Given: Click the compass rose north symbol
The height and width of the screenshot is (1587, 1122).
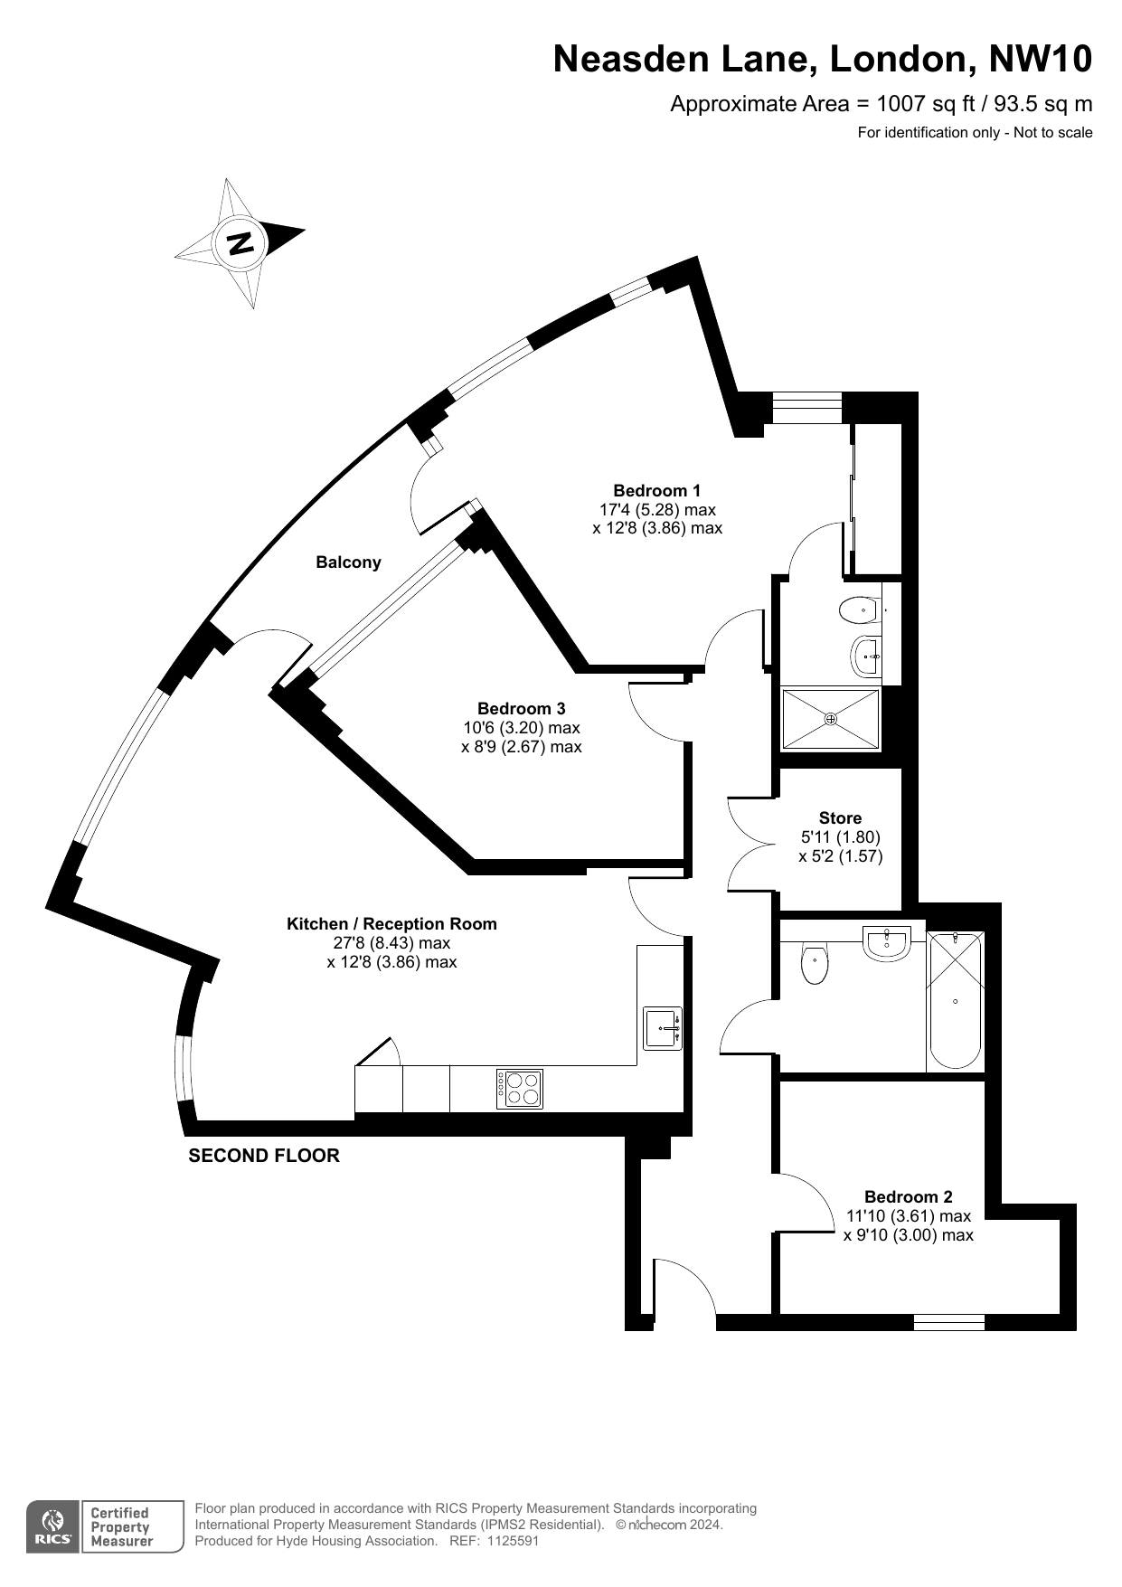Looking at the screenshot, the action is (240, 242).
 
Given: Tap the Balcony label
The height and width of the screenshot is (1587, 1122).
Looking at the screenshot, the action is (348, 562).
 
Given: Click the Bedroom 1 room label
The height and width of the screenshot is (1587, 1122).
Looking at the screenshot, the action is (656, 491).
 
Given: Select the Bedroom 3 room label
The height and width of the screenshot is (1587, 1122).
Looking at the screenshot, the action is (522, 708).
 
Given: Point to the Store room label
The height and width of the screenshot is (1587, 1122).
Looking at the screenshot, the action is (840, 817).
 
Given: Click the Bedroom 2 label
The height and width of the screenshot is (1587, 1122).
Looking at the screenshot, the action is (908, 1196).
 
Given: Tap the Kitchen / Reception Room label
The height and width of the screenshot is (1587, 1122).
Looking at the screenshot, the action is (391, 924).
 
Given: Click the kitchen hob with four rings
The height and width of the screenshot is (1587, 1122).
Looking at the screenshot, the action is (520, 1089).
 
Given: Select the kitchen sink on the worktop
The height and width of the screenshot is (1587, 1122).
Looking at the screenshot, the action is (663, 1028).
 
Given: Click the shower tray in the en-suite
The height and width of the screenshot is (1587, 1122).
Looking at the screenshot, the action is (830, 719).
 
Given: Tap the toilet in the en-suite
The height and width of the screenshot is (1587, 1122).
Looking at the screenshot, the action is (860, 610).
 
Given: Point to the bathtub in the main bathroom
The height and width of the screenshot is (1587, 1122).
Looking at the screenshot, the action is (955, 999).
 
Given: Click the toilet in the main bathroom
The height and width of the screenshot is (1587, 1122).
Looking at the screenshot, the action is (815, 964).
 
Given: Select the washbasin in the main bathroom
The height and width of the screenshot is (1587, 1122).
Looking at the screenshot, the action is (887, 943).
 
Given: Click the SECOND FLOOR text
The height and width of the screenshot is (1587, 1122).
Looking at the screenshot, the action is (264, 1156).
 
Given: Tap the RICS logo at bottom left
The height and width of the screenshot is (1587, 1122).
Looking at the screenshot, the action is (53, 1527).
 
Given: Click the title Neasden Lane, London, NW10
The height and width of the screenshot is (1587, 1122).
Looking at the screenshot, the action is (823, 59).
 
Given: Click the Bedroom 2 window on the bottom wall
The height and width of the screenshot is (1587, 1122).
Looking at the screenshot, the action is (948, 1322).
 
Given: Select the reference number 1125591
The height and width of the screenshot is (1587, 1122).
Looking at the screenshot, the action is (513, 1541).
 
